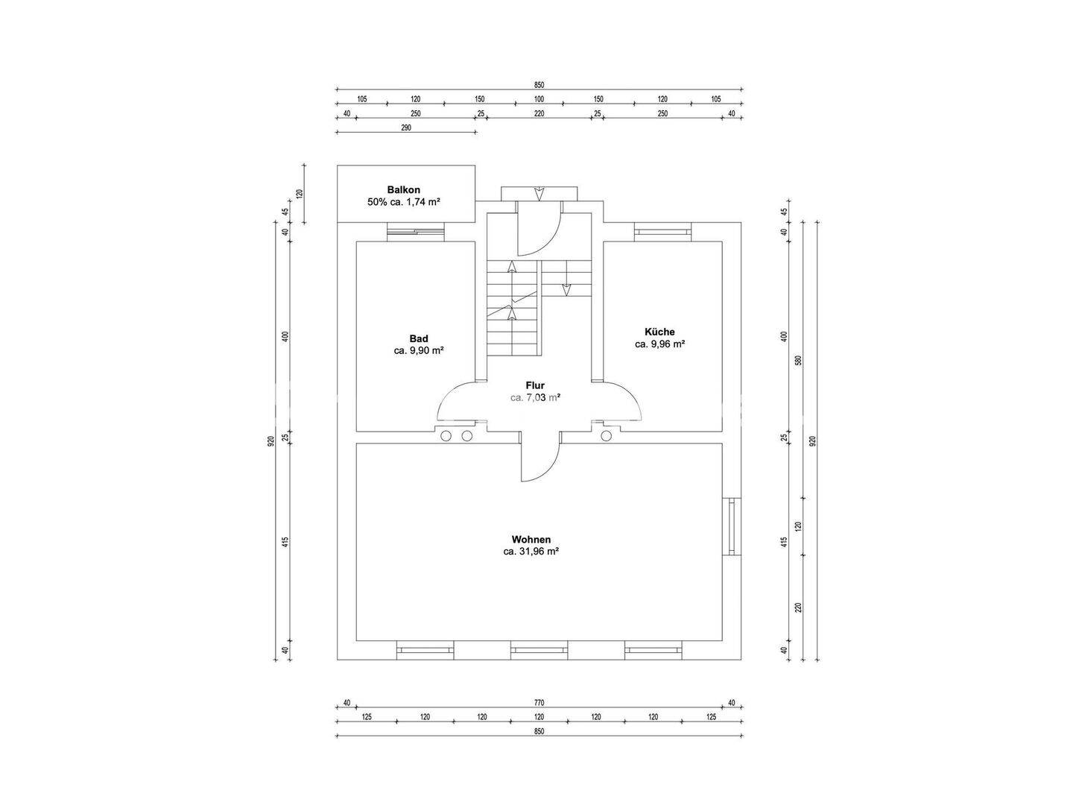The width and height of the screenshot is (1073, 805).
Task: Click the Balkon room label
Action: tap(403, 189)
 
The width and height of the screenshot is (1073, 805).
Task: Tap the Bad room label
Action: tap(419, 338)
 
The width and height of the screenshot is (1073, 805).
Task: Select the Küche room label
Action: tap(659, 332)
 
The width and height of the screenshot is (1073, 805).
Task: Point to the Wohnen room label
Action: tap(531, 540)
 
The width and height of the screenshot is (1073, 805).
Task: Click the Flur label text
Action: tap(535, 385)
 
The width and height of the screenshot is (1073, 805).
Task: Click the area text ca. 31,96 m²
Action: tap(531, 552)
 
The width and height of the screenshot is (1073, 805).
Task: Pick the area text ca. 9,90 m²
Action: tap(419, 350)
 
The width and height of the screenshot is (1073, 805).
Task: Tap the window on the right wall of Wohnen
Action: tap(731, 527)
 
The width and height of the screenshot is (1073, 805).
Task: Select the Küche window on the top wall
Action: tap(663, 232)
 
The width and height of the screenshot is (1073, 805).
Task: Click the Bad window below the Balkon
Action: tap(416, 232)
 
